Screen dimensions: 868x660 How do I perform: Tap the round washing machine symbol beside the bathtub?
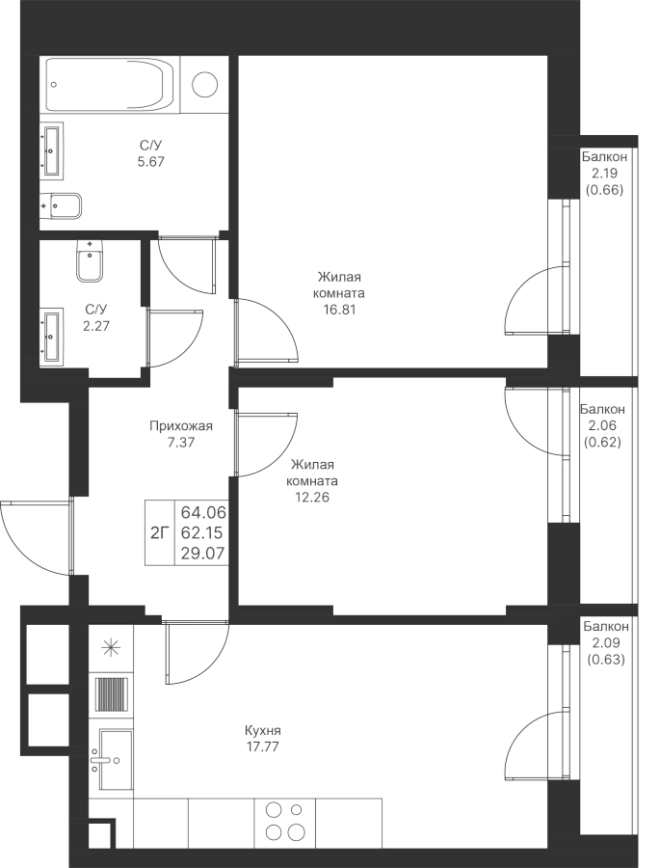pos(205,85)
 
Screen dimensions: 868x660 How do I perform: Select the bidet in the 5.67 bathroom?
pos(63,205)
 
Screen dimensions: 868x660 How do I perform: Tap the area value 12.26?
pos(312,498)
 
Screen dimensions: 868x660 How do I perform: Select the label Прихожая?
pos(182,425)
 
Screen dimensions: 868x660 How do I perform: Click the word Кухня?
pos(263,730)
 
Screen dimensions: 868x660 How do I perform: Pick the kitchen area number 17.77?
pos(263,746)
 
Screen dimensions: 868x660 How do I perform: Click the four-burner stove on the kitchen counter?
pos(284,822)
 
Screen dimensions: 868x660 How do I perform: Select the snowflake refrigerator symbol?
pos(112,647)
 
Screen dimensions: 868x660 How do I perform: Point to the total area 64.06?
pos(203,512)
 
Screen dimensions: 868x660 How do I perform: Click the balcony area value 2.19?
pos(604,174)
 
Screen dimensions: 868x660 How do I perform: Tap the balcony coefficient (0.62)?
pos(603,443)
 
